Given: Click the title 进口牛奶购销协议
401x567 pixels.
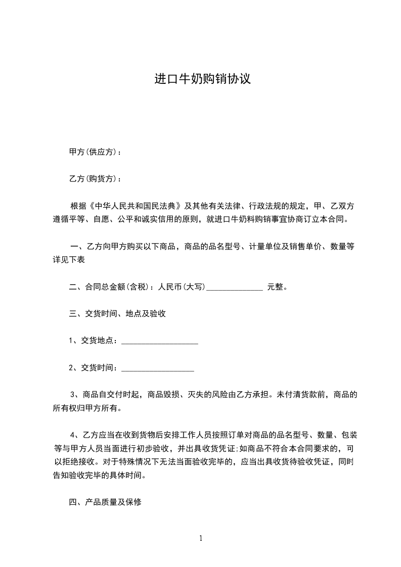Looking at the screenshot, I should [x=202, y=79].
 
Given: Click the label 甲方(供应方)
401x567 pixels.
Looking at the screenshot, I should [x=93, y=152].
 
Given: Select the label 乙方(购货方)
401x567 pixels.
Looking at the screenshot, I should [x=93, y=179].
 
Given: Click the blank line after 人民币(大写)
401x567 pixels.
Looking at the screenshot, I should [x=235, y=288].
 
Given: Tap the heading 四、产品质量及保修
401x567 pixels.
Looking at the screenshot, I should [x=105, y=502].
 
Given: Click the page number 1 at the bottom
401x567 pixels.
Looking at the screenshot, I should [x=201, y=539].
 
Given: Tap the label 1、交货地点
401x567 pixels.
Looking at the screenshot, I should [x=93, y=341].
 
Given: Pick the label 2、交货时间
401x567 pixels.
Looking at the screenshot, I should [x=93, y=368].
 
